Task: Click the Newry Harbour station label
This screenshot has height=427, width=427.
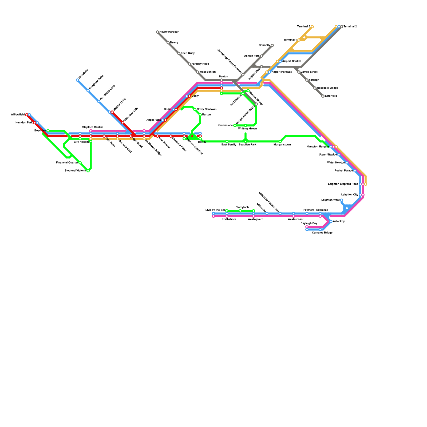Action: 169,32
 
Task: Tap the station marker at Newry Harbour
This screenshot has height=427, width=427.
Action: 157,32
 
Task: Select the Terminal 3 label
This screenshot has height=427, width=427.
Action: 303,27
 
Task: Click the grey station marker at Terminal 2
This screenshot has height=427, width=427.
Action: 342,27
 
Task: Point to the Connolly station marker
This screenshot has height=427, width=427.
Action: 272,45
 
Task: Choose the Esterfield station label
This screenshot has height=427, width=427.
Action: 331,96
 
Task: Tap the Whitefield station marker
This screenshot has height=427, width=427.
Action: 77,80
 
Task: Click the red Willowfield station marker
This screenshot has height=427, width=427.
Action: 27,115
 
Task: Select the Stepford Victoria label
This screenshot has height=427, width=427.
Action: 75,171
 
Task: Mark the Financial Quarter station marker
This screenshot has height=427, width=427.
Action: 80,163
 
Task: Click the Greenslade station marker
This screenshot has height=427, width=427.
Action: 235,125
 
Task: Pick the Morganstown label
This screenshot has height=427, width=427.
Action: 282,145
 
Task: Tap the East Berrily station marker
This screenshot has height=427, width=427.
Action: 227,141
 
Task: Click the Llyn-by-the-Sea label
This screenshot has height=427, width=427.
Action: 215,210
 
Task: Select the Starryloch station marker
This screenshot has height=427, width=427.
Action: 240,211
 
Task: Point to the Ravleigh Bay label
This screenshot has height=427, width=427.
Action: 309,223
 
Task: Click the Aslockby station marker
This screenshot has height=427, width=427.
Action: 331,222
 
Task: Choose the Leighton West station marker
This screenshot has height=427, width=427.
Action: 342,200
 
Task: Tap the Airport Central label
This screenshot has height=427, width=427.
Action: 291,61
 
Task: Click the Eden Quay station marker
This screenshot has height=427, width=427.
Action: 179,53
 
